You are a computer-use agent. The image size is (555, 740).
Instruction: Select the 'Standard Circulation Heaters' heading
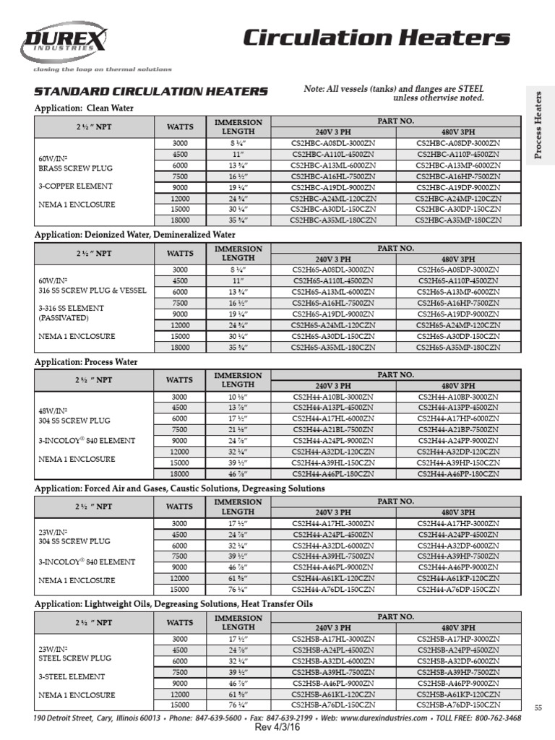coord(152,92)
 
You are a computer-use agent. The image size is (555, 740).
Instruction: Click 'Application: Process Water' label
coord(86,362)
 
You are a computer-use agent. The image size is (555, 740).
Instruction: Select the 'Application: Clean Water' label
coord(85,108)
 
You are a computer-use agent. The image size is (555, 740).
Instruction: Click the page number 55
coord(538,707)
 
